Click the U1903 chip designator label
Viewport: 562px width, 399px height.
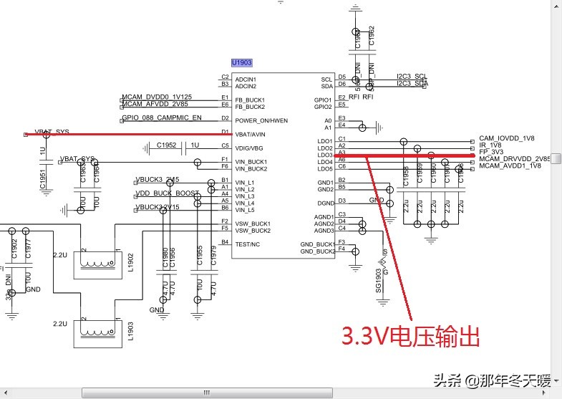241,63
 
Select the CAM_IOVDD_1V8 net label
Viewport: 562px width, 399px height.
508,138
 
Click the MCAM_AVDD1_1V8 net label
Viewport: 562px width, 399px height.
510,165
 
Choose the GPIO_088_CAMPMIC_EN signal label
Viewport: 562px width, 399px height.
162,117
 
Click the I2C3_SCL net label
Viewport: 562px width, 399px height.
412,76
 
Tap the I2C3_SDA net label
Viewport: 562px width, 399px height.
412,83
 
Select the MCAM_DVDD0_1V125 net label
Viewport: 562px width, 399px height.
157,97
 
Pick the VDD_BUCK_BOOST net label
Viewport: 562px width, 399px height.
168,193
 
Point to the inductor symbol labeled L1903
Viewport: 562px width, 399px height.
97,332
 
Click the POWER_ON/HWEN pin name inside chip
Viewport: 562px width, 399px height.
261,120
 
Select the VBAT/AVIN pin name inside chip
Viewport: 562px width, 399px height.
251,134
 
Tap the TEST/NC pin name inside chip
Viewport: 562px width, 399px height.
248,244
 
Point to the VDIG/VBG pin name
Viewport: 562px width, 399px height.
250,147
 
